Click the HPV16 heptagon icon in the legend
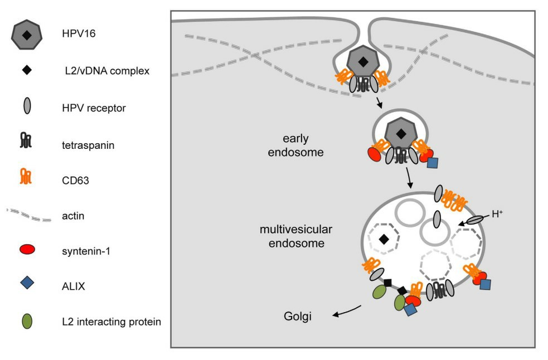click(27, 36)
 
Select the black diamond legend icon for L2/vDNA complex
click(27, 71)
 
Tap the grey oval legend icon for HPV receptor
click(27, 107)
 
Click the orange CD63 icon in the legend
click(27, 178)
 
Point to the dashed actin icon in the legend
click(27, 214)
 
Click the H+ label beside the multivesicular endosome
click(497, 213)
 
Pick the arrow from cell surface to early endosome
click(379, 103)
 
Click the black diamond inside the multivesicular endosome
click(384, 239)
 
